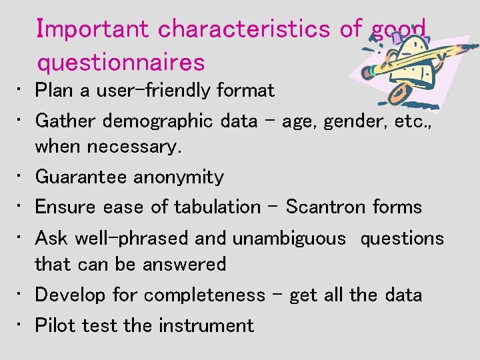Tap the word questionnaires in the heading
pyautogui.click(x=121, y=63)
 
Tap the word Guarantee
pyautogui.click(x=81, y=177)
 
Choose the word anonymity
pyautogui.click(x=179, y=177)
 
